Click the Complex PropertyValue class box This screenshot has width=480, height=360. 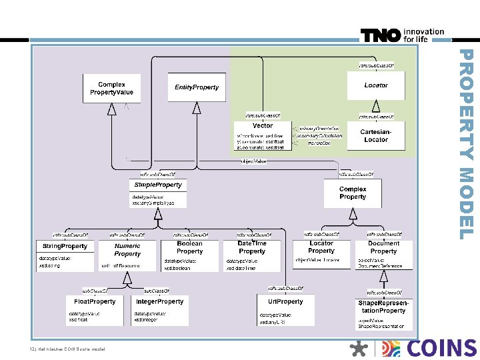(111, 88)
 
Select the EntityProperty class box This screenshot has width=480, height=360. (196, 88)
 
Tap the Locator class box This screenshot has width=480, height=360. (376, 85)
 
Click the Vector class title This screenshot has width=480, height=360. (263, 125)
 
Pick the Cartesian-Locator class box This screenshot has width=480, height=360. (376, 135)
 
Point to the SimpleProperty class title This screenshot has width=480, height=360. (158, 185)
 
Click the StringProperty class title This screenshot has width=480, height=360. (65, 246)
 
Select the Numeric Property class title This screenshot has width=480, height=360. (127, 249)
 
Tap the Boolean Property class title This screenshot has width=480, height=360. (189, 247)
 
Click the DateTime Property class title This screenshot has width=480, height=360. (252, 247)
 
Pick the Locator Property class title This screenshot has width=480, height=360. (321, 247)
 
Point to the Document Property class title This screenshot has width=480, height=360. (383, 247)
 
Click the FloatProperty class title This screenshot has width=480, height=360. (94, 301)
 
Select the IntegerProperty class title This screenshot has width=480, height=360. (159, 301)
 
